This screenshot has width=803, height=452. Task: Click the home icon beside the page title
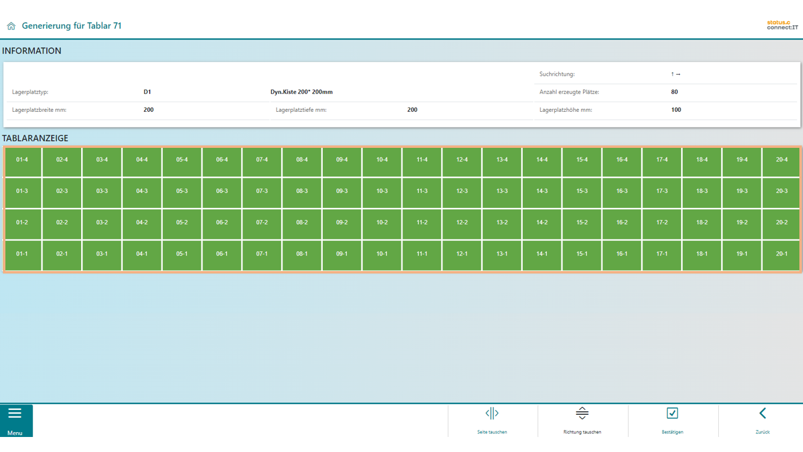(11, 26)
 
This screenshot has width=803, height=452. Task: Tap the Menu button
(16, 420)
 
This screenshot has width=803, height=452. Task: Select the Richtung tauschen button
(582, 420)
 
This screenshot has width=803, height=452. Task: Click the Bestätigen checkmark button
(672, 420)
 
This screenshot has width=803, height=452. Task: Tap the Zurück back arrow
(762, 420)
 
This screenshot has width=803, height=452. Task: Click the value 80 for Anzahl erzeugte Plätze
(674, 92)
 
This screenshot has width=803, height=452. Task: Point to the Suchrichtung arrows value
(676, 75)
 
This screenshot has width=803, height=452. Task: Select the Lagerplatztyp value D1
(147, 92)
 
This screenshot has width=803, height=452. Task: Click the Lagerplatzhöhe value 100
(676, 110)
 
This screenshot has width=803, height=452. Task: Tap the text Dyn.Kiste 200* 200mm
(301, 92)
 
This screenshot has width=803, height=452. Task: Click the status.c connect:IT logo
(782, 25)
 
